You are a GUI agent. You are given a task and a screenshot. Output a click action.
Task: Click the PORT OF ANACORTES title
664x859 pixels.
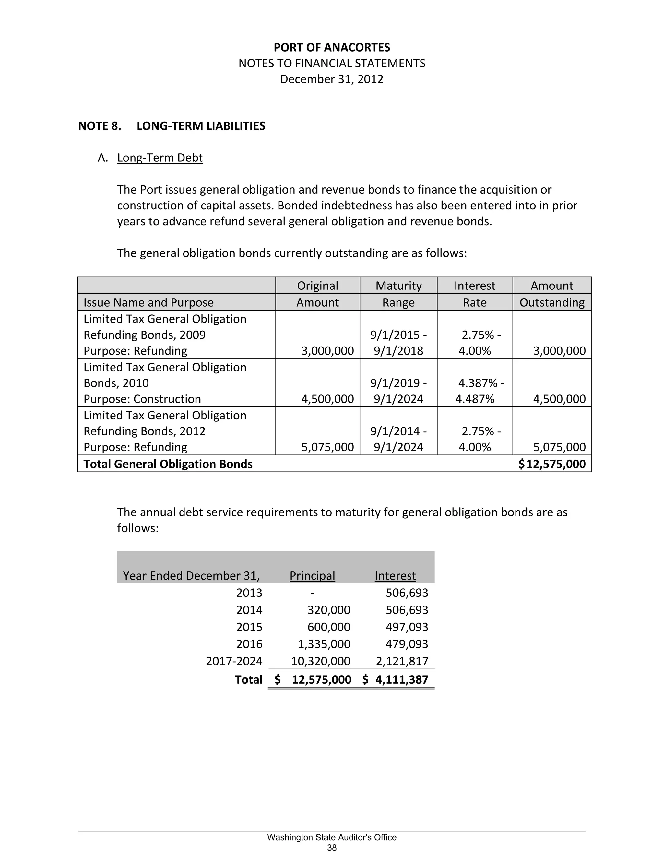[332, 48]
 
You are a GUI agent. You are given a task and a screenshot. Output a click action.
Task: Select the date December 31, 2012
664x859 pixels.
[332, 79]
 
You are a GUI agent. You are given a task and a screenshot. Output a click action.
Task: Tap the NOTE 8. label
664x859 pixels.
[100, 126]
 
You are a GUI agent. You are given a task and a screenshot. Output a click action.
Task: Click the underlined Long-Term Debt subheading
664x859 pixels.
[160, 158]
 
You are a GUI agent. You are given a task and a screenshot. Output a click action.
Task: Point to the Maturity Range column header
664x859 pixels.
[398, 294]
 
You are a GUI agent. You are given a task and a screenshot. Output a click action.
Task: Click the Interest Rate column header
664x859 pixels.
[474, 294]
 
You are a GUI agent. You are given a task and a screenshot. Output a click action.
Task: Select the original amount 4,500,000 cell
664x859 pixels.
[327, 399]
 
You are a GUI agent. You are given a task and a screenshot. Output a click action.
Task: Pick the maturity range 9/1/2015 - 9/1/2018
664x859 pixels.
[398, 343]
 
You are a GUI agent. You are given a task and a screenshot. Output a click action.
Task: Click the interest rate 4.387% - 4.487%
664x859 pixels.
[478, 391]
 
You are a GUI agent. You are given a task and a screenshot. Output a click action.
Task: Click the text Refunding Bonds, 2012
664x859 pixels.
[144, 431]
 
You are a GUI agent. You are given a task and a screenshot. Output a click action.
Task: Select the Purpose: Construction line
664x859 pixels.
[142, 399]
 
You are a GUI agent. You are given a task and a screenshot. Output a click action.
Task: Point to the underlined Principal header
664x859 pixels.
[312, 576]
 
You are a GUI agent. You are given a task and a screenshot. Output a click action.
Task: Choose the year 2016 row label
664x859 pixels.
[249, 644]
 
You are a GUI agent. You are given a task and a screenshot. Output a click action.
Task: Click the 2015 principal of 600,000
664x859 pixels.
[328, 627]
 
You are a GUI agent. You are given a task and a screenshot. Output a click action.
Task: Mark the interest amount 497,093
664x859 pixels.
[407, 627]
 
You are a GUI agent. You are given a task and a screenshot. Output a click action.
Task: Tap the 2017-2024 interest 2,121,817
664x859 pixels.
[402, 661]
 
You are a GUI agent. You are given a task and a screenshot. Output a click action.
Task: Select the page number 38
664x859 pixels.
[332, 848]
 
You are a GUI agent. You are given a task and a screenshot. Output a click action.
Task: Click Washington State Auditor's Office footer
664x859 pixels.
[332, 837]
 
